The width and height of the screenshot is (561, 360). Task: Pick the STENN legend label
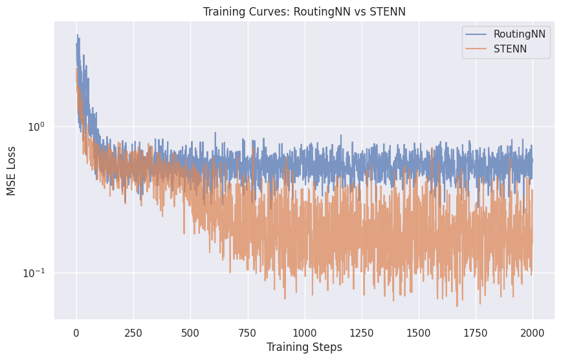coord(510,49)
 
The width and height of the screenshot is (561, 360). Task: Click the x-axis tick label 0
coord(76,332)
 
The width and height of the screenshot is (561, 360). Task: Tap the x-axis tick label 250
coord(133,332)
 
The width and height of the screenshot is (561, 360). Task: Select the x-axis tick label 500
coord(190,332)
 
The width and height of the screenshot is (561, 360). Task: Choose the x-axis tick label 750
coord(247,332)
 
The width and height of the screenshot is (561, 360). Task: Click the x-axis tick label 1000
coord(304,332)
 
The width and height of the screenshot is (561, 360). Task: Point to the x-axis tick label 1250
coord(361,332)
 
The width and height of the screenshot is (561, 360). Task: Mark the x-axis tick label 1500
coord(418,332)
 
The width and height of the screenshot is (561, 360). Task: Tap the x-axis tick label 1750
coord(475,332)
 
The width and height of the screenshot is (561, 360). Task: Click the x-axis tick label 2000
coord(532,332)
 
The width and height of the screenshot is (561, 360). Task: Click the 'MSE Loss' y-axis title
coord(12,170)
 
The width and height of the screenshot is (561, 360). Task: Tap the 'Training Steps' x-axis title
coord(304,347)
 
